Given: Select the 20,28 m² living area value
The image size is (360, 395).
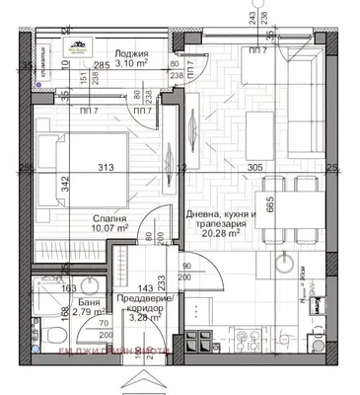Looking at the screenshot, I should coord(222,235).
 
